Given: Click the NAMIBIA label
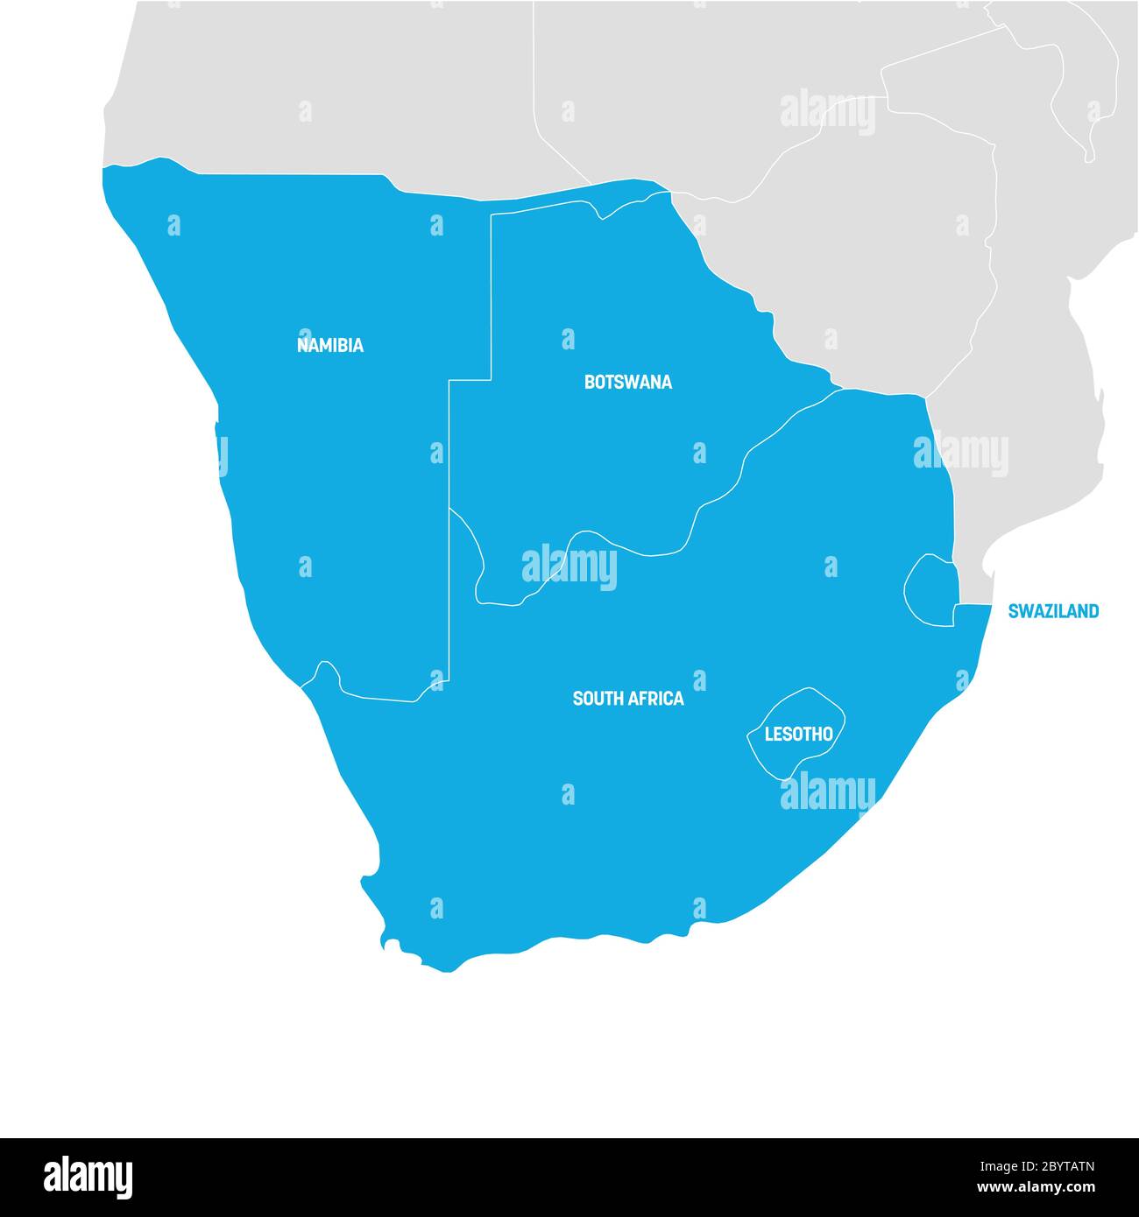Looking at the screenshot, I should click(x=329, y=345).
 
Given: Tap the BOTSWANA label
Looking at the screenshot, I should click(x=627, y=382).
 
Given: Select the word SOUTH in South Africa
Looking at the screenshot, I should click(x=598, y=699).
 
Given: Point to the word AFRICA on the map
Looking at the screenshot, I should click(x=656, y=699).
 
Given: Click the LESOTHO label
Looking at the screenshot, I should click(x=798, y=734).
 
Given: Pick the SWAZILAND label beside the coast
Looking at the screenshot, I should click(x=1052, y=611).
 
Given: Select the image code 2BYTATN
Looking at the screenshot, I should click(x=1051, y=1166).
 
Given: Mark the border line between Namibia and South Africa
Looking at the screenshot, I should click(x=377, y=696).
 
